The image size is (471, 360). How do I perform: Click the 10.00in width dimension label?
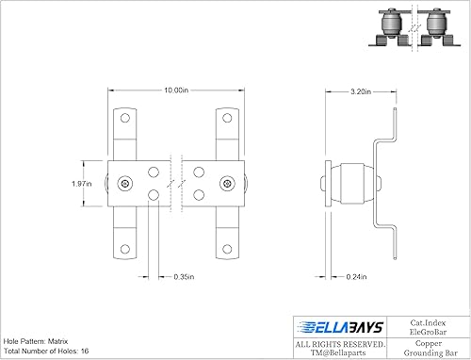(x=174, y=90)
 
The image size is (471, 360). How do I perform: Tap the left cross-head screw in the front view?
(x=125, y=183)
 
